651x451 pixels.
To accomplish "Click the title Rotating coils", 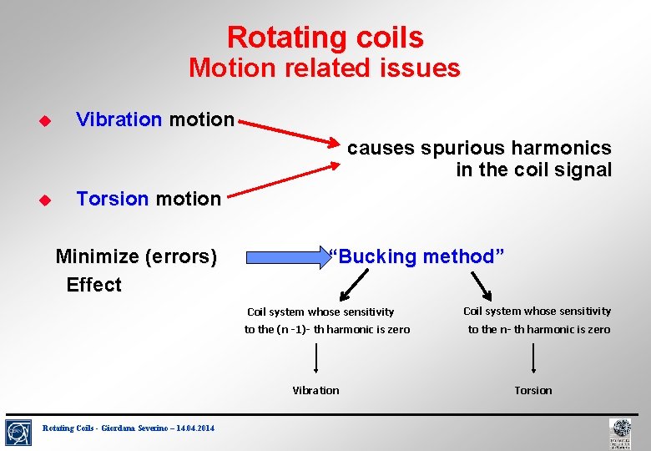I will click(325, 38).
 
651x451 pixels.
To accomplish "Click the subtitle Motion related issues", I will click(324, 68).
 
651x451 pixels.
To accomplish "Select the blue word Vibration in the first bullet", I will click(119, 119).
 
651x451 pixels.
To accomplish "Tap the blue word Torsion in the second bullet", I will click(112, 199).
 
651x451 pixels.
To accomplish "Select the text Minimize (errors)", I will click(136, 256).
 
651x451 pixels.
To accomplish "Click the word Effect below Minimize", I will click(93, 285).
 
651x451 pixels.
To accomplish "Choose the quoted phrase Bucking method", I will click(417, 256).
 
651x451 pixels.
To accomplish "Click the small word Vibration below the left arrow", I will click(315, 390).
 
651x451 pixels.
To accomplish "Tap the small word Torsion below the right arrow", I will click(532, 390).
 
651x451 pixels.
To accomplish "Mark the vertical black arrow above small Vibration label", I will click(316, 358).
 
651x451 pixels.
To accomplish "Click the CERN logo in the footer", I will click(19, 431).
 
